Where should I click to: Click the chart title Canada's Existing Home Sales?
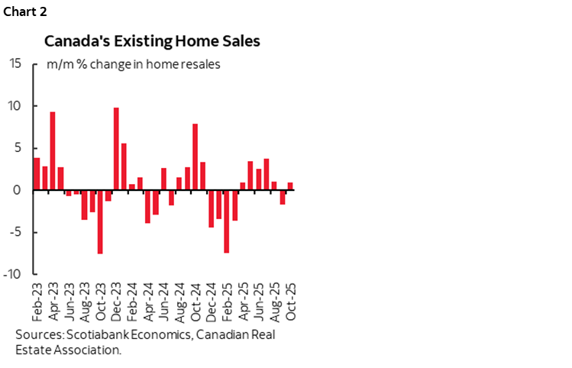coord(152,41)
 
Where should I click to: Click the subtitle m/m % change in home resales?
coord(134,64)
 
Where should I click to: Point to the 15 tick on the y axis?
coord(15,63)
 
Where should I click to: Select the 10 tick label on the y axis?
coord(15,105)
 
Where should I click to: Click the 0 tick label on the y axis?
coord(18,190)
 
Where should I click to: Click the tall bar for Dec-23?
coord(116,149)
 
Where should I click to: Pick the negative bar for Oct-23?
coord(100,221)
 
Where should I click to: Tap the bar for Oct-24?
coord(196,157)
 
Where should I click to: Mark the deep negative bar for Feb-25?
coord(227,221)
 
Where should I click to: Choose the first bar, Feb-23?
coord(37,173)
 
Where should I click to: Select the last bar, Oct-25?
coord(290,186)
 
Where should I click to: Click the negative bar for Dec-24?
coord(211,208)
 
